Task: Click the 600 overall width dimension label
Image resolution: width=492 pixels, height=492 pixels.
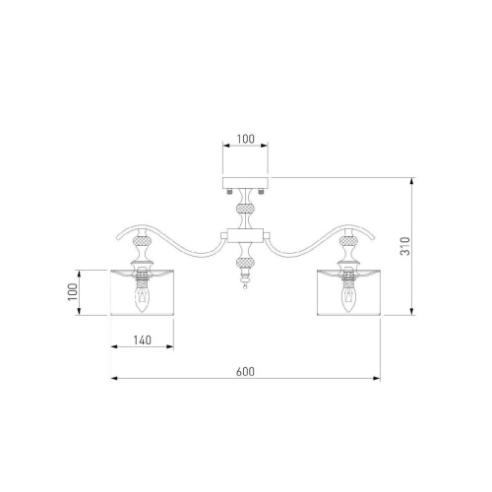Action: (x=245, y=372)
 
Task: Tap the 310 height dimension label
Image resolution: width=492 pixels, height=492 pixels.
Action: (x=405, y=246)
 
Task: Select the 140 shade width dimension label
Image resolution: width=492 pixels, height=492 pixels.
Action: (x=143, y=340)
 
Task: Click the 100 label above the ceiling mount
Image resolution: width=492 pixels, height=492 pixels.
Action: (x=245, y=139)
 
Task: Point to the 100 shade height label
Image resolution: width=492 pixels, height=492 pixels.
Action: (x=72, y=291)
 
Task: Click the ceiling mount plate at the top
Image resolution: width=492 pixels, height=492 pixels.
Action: (x=245, y=183)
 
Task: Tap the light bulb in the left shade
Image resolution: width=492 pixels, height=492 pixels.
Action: (x=142, y=298)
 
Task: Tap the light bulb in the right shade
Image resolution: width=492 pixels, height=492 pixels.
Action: (x=348, y=298)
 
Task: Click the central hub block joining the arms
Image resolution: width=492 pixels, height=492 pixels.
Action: (x=245, y=235)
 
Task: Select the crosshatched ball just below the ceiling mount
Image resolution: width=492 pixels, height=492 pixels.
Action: (x=245, y=209)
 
